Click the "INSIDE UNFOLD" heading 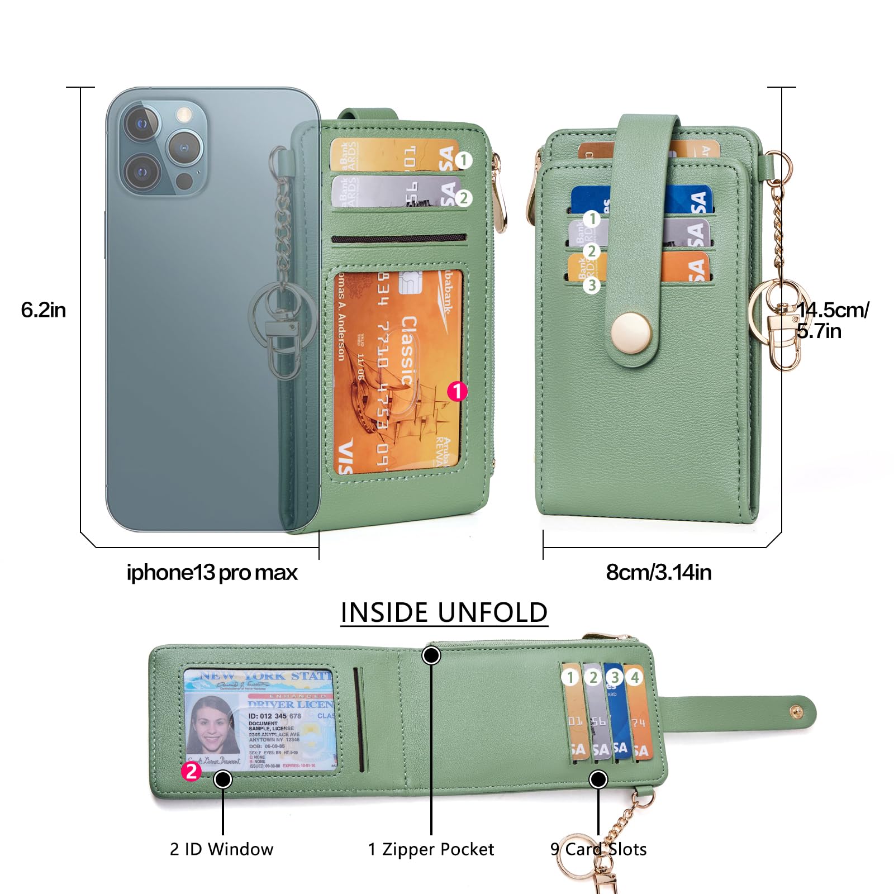444,612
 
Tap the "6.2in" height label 43,310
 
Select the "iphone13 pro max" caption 212,572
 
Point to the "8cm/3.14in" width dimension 659,572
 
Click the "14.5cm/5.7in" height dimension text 832,320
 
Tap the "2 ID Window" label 221,849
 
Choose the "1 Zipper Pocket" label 431,849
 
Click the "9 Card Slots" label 598,849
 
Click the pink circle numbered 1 457,391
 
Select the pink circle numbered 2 191,772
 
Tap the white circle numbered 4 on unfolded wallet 634,677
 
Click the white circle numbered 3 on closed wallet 592,286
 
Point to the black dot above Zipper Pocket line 431,655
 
